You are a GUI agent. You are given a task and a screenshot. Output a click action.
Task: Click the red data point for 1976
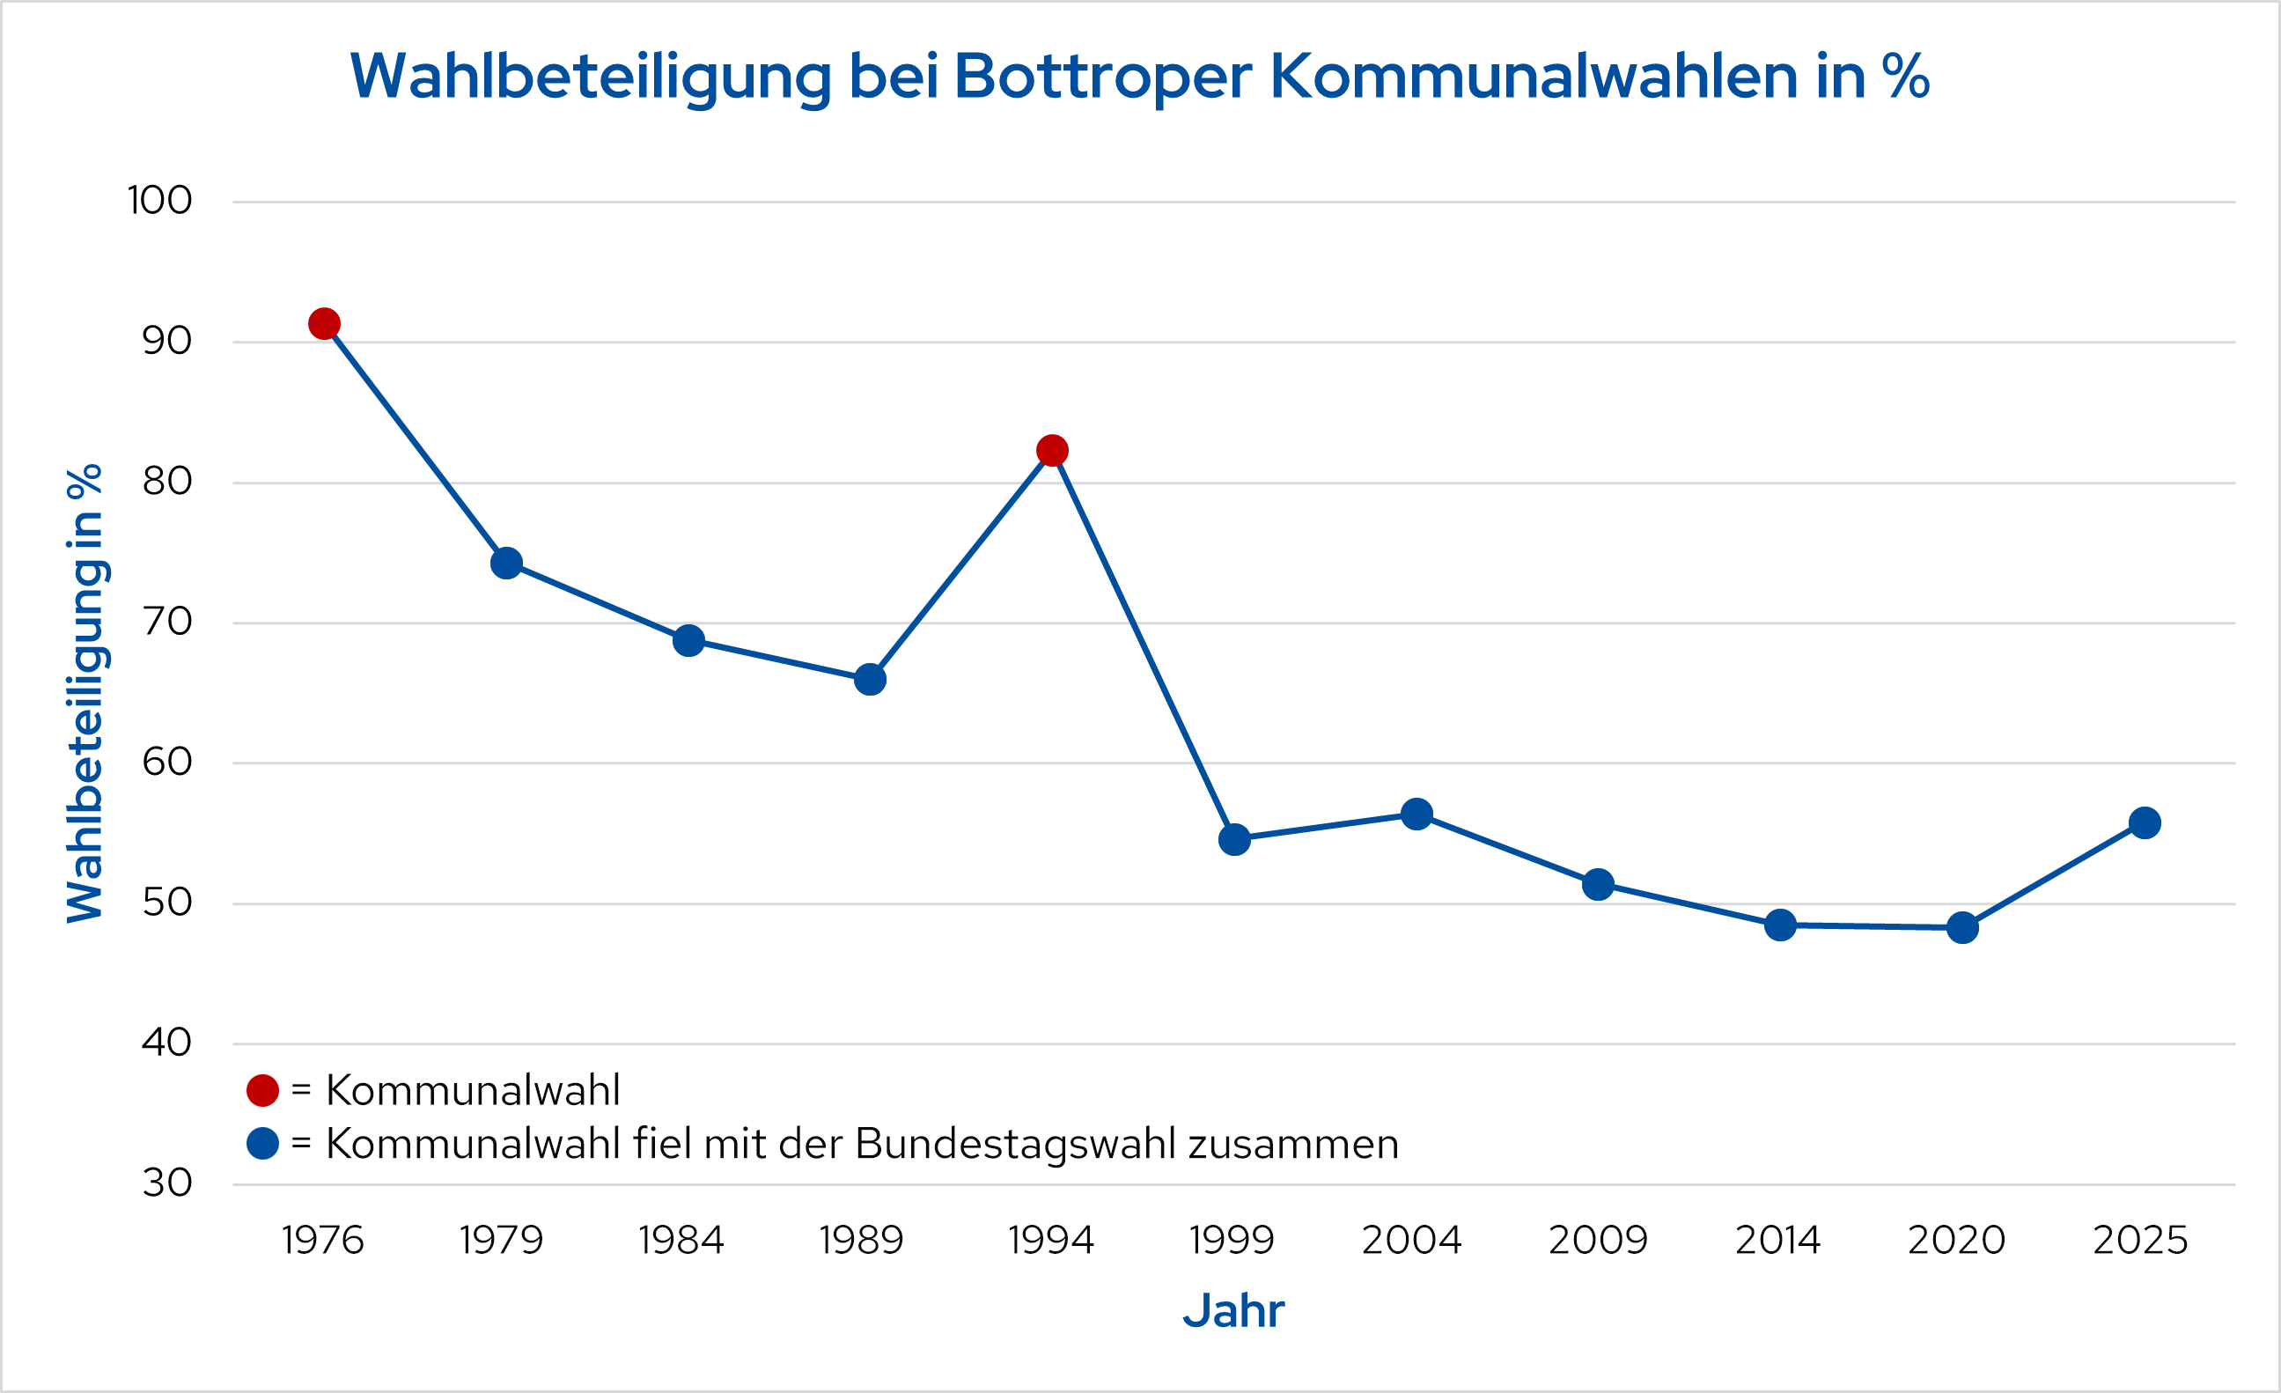(324, 324)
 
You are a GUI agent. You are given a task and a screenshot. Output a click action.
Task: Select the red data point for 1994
(1052, 451)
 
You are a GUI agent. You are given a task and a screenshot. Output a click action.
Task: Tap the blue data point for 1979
(506, 564)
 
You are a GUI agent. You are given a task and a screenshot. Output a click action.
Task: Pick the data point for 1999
(1234, 840)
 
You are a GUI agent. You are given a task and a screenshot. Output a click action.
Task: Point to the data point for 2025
(2145, 823)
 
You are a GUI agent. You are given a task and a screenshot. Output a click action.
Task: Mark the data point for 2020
(1962, 928)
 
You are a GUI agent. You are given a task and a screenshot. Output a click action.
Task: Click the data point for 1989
(870, 680)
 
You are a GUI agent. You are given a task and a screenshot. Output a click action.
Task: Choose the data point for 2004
(1416, 815)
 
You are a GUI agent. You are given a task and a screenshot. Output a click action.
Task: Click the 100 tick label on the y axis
(159, 201)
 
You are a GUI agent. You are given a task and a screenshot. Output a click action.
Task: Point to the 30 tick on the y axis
(166, 1183)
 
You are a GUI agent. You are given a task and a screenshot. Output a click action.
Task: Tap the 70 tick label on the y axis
(166, 622)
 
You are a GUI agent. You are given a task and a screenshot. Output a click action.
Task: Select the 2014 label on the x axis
(1777, 1241)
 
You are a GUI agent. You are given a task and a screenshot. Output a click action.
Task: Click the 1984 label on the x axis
(681, 1241)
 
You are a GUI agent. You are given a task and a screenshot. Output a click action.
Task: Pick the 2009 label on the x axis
(1598, 1241)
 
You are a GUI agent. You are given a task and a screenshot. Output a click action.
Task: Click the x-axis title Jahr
(1233, 1311)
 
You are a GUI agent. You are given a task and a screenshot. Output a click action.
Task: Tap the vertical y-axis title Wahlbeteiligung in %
(85, 693)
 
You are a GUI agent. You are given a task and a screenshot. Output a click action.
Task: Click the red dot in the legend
(263, 1091)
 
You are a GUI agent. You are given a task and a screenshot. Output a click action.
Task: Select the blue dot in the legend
(263, 1144)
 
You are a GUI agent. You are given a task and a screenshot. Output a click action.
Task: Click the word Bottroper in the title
(1102, 76)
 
